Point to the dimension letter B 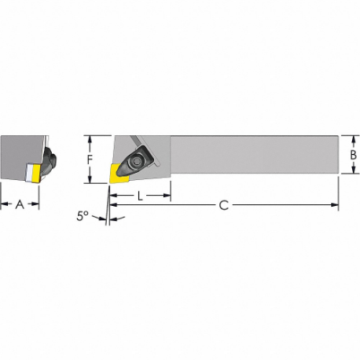click(354, 156)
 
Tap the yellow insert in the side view click(123, 171)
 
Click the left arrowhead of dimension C click(112, 206)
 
